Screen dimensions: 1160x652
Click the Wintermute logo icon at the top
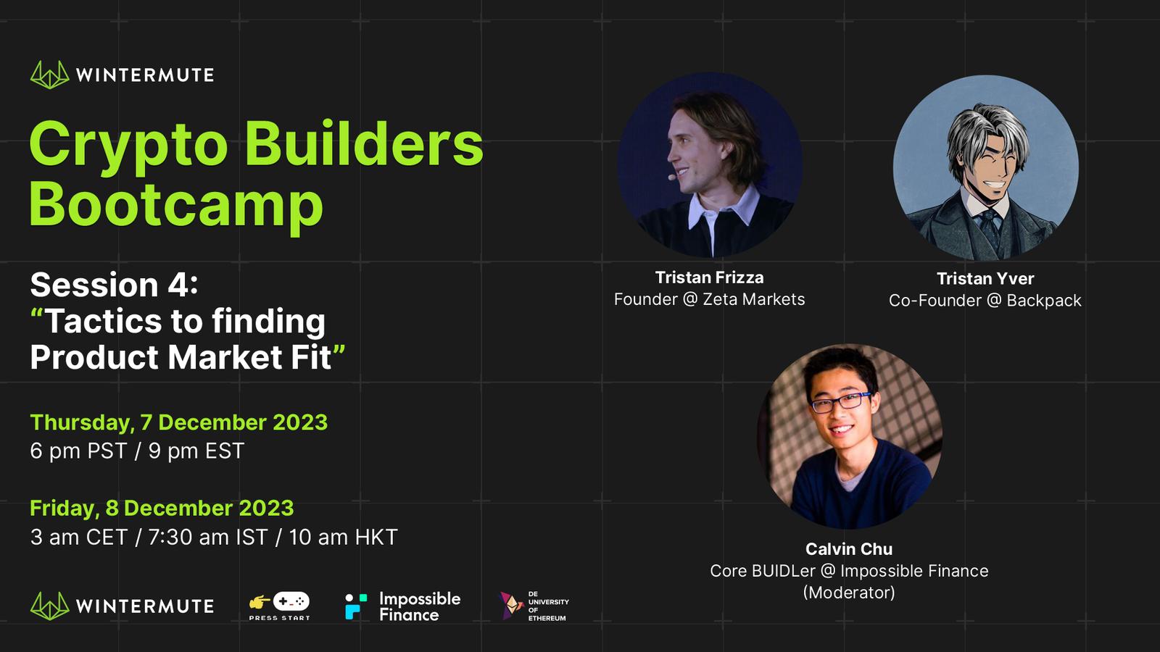50,75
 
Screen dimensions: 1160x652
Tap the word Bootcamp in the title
177,206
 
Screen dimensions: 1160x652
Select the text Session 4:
114,285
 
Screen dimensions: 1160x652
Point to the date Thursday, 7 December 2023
178,422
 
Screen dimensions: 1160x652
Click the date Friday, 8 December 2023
162,508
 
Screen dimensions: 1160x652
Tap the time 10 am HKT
343,537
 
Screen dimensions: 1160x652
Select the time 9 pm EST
196,451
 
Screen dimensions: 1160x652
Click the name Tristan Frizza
709,277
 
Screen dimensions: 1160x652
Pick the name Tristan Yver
985,278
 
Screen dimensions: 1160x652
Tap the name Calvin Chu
849,548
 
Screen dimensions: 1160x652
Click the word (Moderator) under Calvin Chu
849,592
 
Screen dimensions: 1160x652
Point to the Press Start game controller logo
280,606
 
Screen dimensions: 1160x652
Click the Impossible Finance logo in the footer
403,606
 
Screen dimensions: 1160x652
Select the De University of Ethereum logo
534,606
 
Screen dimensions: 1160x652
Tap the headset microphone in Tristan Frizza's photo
673,177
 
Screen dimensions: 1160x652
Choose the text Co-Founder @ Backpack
985,300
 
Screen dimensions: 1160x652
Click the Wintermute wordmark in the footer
144,606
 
